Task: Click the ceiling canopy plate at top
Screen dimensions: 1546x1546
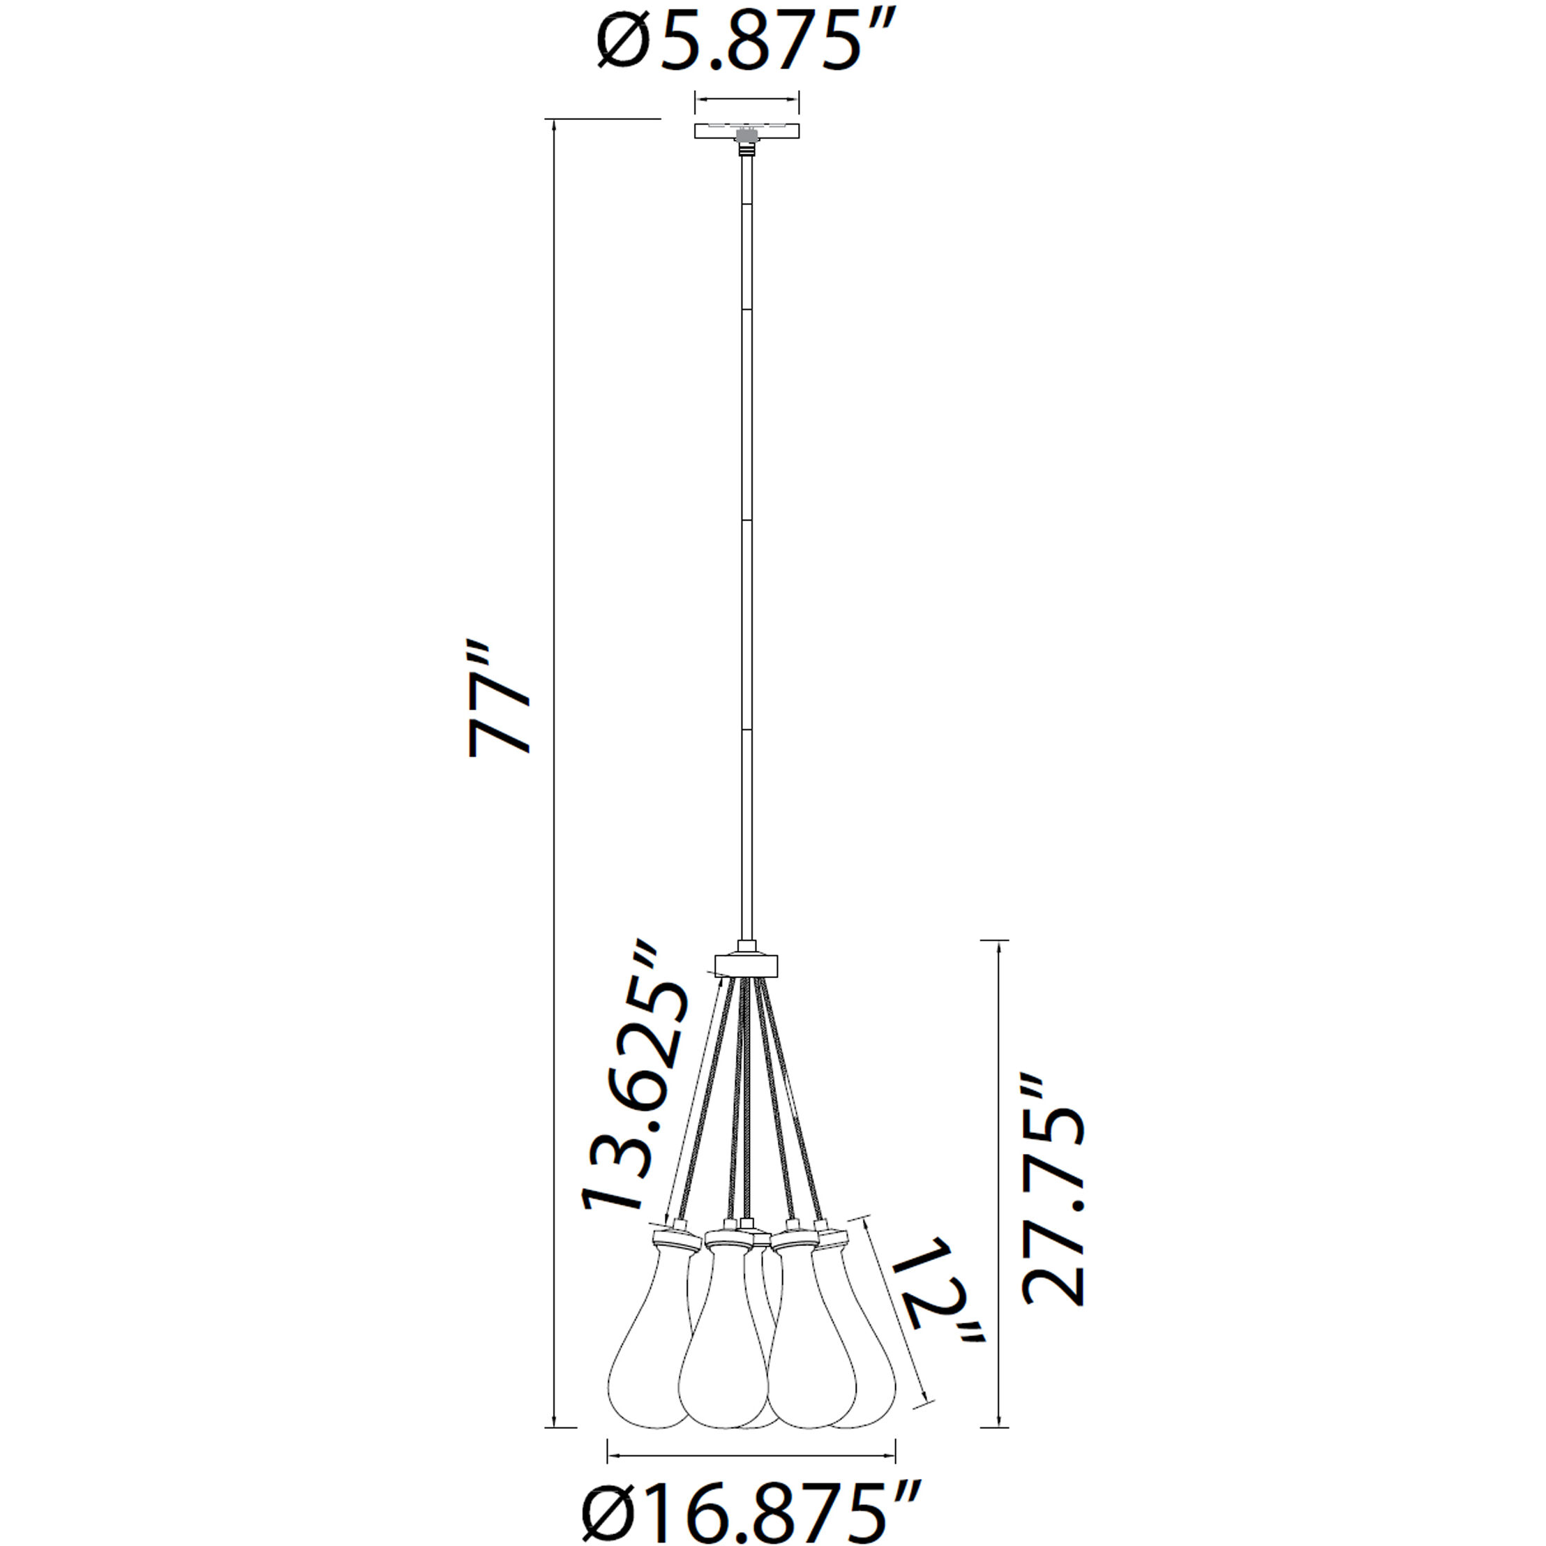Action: tap(746, 130)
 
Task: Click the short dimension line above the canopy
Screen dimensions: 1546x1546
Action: tap(746, 100)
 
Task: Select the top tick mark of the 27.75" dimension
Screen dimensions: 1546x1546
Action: tap(995, 941)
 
